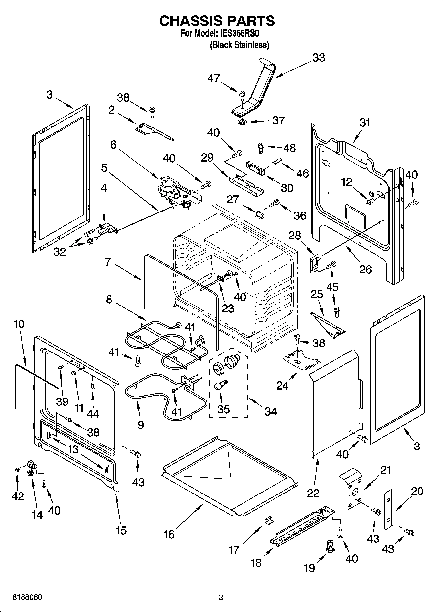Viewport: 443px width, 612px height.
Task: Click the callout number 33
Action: pos(319,58)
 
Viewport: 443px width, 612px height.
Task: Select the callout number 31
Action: pos(365,123)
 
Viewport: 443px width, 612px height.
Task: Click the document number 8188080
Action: pos(27,598)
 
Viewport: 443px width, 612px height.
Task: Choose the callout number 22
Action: pos(313,493)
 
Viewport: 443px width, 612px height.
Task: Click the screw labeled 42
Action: pos(17,469)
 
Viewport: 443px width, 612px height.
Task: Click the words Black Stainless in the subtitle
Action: pos(240,45)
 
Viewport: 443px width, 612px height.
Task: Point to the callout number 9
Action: pos(141,425)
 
